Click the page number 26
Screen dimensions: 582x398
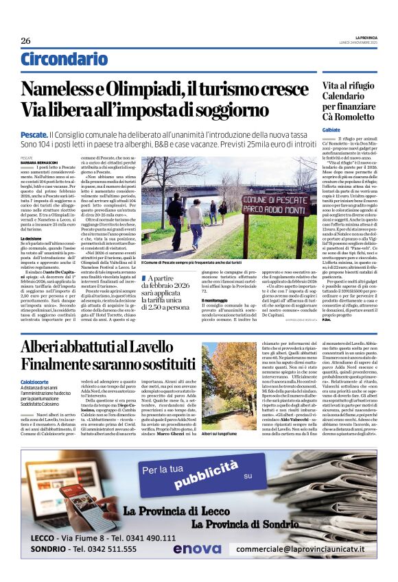[x=25, y=41]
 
